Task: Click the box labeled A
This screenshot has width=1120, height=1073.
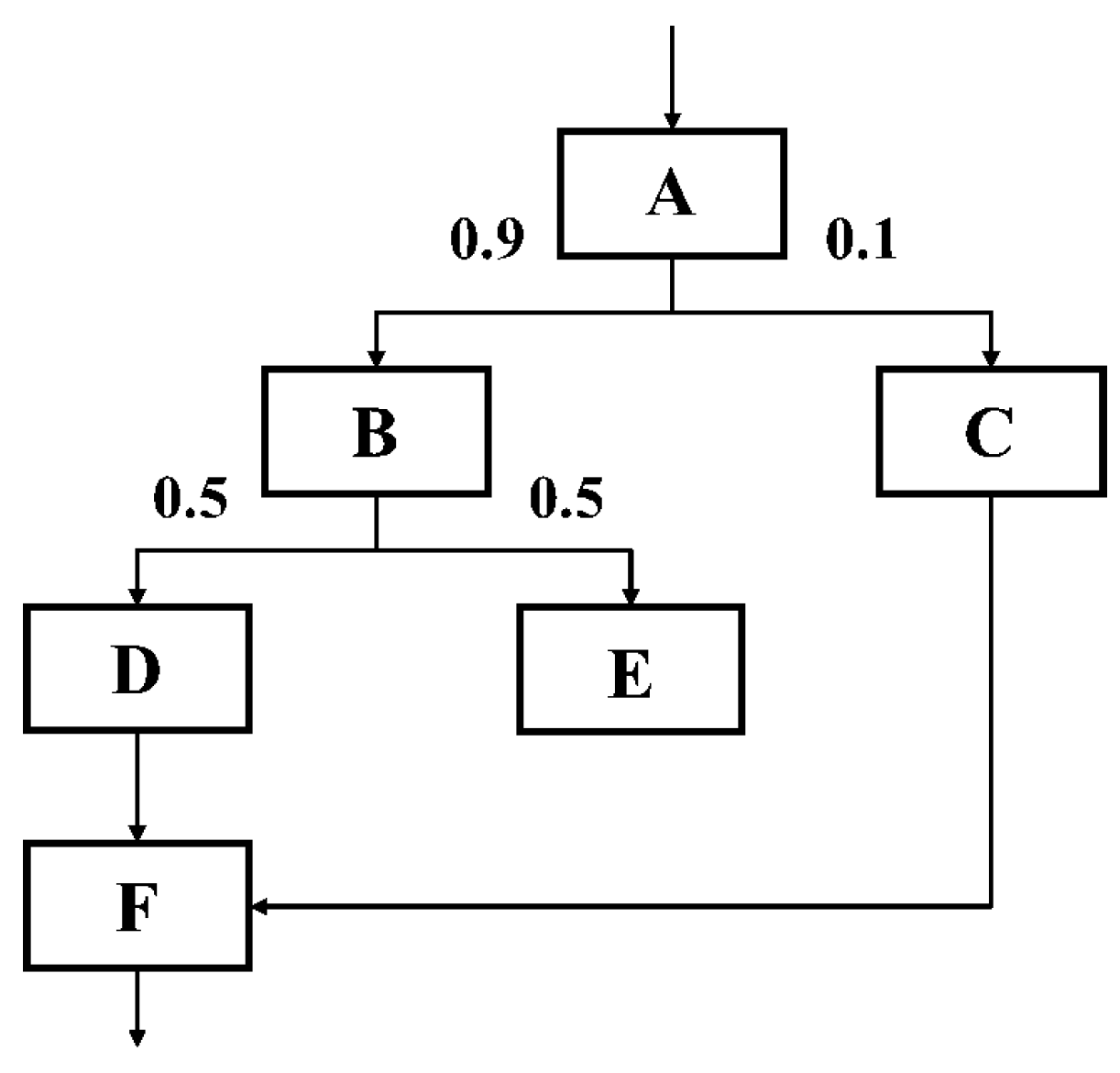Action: (672, 194)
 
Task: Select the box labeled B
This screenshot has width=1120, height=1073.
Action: (376, 431)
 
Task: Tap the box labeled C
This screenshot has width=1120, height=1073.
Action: (990, 431)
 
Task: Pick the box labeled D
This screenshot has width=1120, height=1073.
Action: (137, 669)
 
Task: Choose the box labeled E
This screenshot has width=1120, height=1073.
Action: (631, 669)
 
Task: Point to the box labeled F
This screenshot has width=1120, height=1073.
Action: (137, 906)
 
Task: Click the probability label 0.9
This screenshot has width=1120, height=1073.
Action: (487, 240)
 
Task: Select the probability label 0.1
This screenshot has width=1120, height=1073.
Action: (861, 240)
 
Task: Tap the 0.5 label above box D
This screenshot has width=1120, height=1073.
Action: (190, 499)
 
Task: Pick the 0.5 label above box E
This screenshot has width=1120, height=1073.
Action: (566, 499)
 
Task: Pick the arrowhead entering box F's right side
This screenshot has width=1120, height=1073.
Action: (259, 907)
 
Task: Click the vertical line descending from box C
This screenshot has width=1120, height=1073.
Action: (991, 697)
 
